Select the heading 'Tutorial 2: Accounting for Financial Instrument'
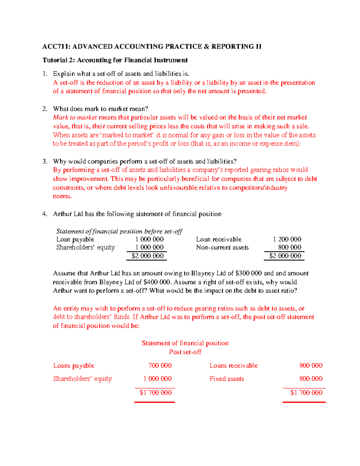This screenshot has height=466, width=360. pyautogui.click(x=115, y=60)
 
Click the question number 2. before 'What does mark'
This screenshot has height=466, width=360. pyautogui.click(x=45, y=109)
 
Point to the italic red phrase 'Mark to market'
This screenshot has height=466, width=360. pyautogui.click(x=75, y=117)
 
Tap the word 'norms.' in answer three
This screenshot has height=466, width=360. pyautogui.click(x=62, y=196)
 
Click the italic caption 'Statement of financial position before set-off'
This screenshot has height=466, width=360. pyautogui.click(x=119, y=231)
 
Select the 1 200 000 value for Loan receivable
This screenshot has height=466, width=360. pyautogui.click(x=287, y=239)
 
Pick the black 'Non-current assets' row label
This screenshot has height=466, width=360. pyautogui.click(x=222, y=248)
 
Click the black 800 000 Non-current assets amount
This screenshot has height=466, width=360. pyautogui.click(x=289, y=248)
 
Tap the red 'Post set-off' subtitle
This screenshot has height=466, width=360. pyautogui.click(x=185, y=352)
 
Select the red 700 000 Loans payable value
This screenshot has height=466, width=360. pyautogui.click(x=160, y=365)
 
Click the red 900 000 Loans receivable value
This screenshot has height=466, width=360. pyautogui.click(x=311, y=365)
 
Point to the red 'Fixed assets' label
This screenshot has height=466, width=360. pyautogui.click(x=227, y=379)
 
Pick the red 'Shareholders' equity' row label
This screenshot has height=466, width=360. pyautogui.click(x=82, y=379)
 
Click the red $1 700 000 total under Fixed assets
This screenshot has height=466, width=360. pyautogui.click(x=306, y=392)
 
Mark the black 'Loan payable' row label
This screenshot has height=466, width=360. pyautogui.click(x=75, y=239)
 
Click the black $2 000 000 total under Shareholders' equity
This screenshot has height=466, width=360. pyautogui.click(x=148, y=256)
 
